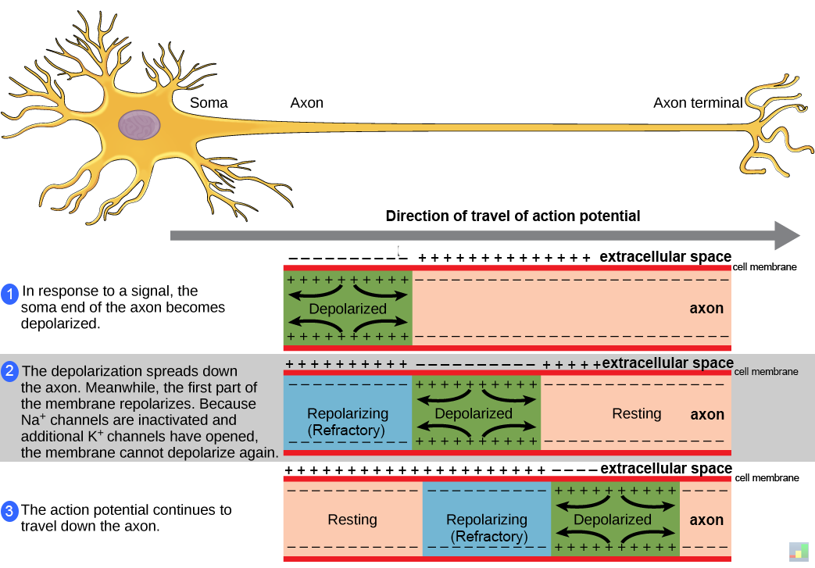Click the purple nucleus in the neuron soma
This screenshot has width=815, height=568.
140,125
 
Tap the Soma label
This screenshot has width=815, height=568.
209,102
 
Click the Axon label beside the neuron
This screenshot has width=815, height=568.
306,102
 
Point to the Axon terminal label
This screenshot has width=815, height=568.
698,102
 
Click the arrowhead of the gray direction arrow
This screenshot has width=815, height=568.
787,235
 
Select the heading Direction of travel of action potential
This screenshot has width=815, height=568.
513,216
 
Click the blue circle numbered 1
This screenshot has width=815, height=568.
10,295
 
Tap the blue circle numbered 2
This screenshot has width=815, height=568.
10,372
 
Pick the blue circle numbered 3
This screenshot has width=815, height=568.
10,512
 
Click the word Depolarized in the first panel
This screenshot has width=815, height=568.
348,309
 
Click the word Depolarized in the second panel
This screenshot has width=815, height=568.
474,413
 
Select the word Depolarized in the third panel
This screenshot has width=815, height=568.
613,520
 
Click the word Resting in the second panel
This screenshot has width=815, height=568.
636,413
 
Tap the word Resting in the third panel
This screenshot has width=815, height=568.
352,520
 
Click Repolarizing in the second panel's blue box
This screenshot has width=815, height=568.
348,413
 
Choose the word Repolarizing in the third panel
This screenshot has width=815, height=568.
487,520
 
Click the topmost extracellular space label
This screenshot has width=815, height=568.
665,256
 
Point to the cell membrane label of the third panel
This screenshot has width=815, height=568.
767,477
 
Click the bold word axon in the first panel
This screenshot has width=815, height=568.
706,308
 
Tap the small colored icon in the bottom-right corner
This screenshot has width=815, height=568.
799,550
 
